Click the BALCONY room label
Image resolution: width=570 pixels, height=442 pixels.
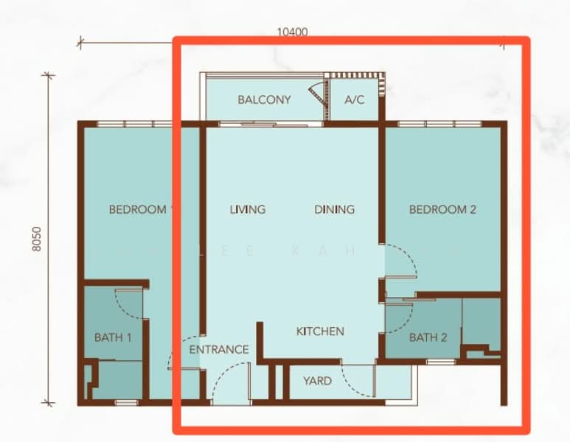[264, 99]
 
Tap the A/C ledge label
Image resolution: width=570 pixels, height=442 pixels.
[355, 99]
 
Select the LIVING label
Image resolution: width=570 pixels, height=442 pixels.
[247, 209]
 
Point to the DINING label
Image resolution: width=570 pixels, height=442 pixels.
[334, 209]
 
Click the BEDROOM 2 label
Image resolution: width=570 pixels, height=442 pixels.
[442, 209]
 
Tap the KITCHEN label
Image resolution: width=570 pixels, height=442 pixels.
[320, 331]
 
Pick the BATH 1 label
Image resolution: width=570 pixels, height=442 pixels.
[113, 337]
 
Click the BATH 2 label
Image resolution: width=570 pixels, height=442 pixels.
[428, 337]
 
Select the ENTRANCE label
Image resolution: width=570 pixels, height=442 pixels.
[219, 349]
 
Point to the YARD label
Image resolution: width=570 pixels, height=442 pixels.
[317, 381]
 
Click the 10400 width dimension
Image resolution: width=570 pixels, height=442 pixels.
[292, 32]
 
